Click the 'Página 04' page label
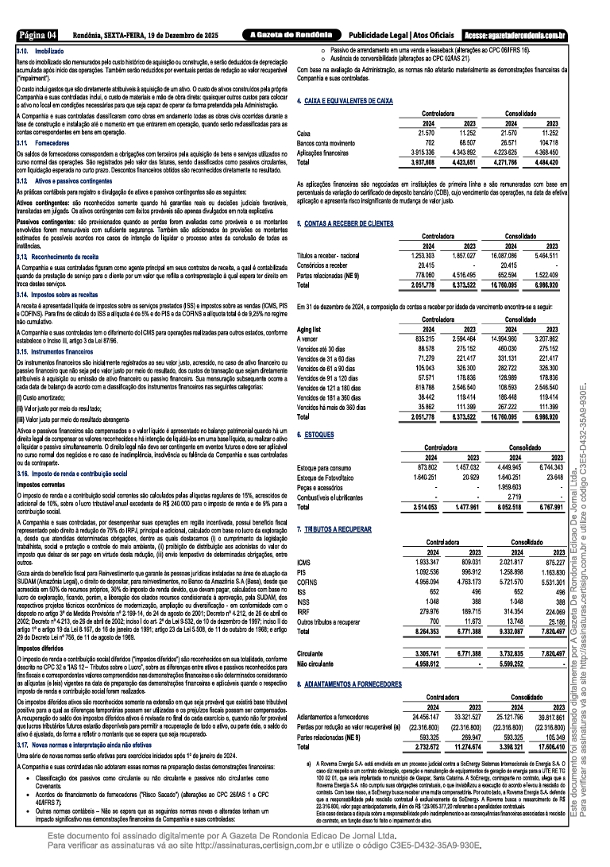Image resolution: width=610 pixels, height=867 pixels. coord(38,35)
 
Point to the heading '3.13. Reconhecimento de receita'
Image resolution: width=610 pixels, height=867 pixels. coord(59,257)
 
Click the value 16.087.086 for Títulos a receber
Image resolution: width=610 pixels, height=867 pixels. coord(511,254)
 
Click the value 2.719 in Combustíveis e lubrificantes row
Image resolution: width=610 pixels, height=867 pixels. coord(515,497)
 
